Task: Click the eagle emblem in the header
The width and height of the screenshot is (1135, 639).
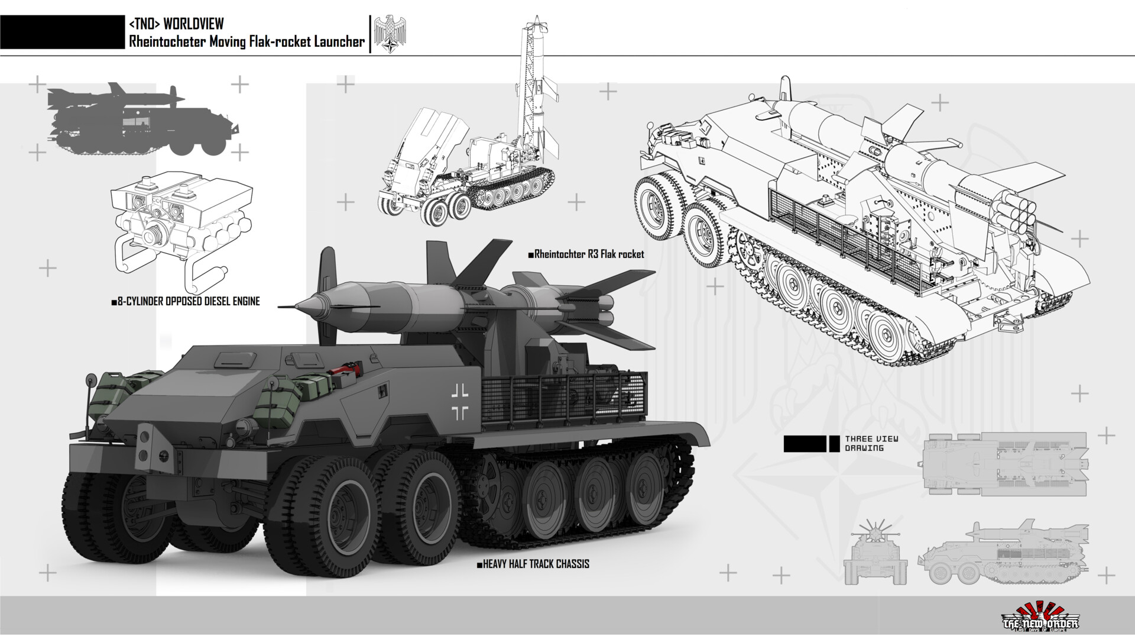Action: tap(391, 34)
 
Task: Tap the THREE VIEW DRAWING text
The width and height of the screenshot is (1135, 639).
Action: tap(871, 443)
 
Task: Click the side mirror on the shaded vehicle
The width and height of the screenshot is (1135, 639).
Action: tap(92, 379)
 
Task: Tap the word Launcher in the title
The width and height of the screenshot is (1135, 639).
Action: tap(338, 41)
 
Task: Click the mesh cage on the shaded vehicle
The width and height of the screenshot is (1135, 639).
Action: tap(562, 396)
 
